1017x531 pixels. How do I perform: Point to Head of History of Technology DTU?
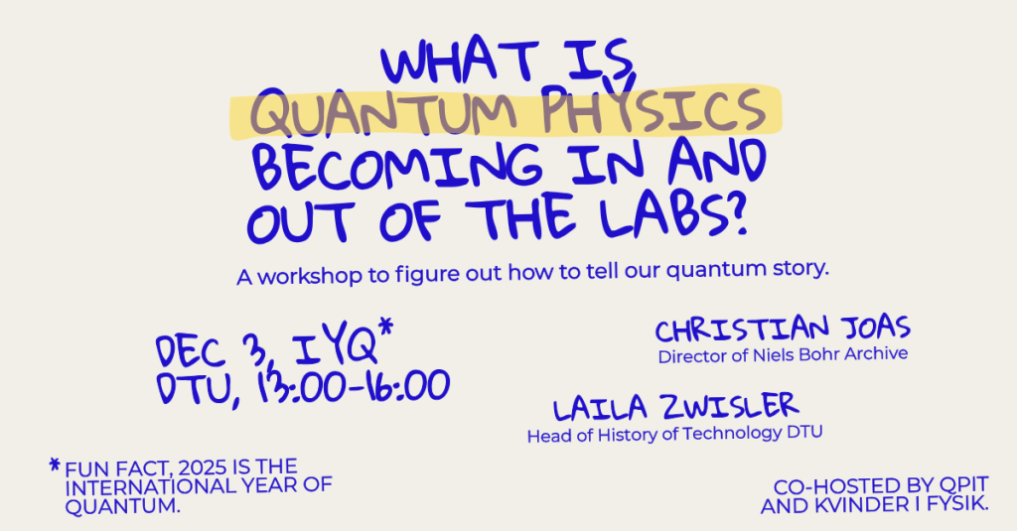pyautogui.click(x=675, y=434)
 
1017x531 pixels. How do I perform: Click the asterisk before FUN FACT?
pyautogui.click(x=54, y=464)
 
